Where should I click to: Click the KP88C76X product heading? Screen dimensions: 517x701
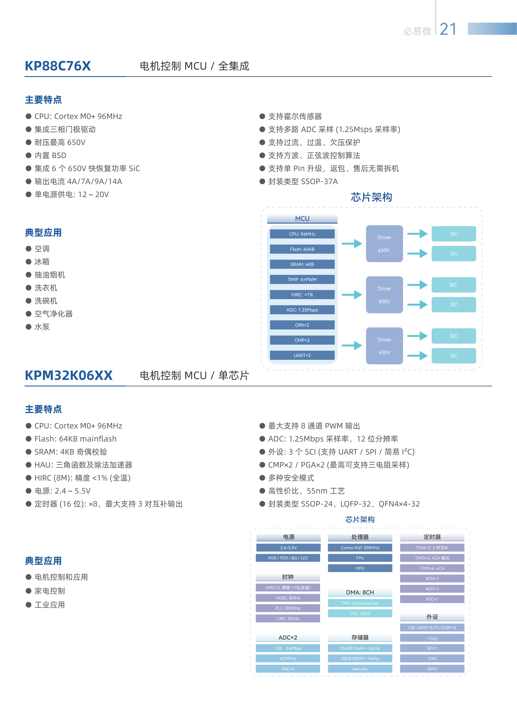[x=58, y=66]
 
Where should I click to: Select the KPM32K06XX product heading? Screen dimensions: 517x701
[x=69, y=375]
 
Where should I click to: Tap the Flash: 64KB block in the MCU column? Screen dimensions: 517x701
[x=302, y=249]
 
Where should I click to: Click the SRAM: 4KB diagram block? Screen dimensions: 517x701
[x=302, y=264]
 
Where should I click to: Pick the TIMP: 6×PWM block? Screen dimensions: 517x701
[x=302, y=280]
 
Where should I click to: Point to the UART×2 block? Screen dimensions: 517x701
[x=302, y=355]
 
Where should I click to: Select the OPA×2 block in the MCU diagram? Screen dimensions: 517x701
[x=302, y=325]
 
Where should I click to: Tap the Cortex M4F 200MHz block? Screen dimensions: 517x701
[x=360, y=547]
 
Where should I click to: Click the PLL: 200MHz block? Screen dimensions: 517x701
[x=288, y=608]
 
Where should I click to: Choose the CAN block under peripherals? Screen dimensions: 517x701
[x=432, y=658]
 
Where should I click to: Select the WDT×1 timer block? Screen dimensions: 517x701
[x=432, y=589]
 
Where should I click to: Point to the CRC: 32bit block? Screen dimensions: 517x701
[x=360, y=613]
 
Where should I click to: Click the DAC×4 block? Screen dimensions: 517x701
[x=288, y=669]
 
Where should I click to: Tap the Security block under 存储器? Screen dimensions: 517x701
[x=360, y=669]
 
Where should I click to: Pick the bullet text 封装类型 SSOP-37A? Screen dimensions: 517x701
[x=303, y=181]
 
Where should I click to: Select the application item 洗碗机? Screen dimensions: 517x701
[x=46, y=301]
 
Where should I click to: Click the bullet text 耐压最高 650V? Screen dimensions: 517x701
[x=60, y=142]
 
